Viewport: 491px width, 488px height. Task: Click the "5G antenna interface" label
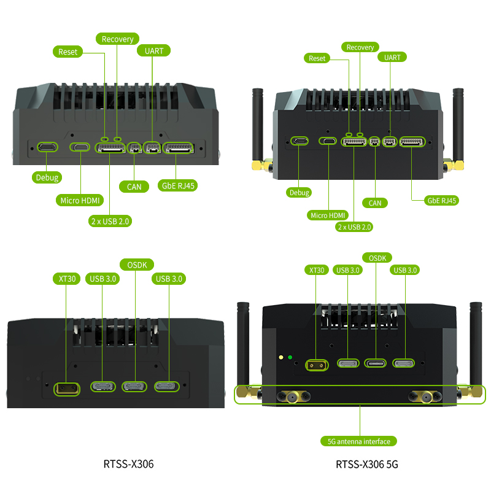point(359,441)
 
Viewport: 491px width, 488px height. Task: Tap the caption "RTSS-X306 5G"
point(367,465)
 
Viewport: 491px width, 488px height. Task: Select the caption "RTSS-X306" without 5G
point(128,465)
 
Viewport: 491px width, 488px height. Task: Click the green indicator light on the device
point(290,357)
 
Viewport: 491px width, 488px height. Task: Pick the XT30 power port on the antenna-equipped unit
point(317,365)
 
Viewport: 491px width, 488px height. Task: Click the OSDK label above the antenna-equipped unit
point(377,258)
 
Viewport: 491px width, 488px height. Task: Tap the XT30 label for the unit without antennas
point(67,279)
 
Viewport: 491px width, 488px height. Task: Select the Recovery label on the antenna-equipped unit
point(360,47)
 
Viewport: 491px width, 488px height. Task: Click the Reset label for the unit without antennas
point(68,52)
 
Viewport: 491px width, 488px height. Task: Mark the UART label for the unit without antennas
point(154,51)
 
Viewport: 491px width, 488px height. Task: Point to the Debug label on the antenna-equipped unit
point(299,192)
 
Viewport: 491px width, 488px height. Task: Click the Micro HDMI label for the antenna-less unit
point(80,200)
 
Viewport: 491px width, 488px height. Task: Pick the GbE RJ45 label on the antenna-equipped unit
point(441,200)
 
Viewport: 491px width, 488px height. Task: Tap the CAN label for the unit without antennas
point(134,186)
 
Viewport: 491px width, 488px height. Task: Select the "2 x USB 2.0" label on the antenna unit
point(354,227)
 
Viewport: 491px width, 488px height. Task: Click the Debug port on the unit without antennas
point(47,147)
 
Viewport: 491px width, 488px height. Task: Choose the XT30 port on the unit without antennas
point(67,388)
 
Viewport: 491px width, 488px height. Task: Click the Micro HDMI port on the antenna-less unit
point(80,147)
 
